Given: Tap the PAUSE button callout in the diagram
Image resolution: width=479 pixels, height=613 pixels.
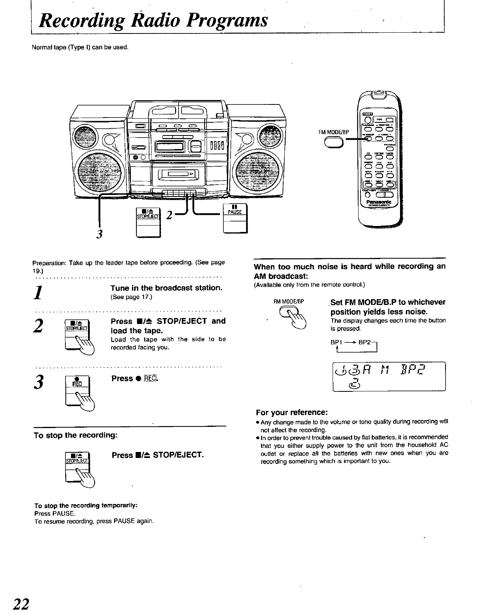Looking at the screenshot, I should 235,217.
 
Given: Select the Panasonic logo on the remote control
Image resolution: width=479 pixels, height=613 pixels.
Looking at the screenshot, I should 380,203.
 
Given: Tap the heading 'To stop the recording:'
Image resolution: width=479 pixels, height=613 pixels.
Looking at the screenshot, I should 76,435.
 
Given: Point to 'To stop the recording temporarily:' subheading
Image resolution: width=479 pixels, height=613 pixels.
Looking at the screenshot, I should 86,505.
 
